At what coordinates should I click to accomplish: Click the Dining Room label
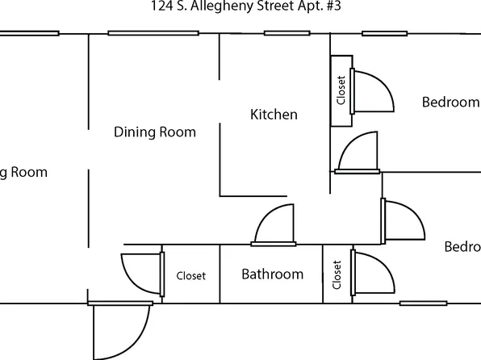[155, 132]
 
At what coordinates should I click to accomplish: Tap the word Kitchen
[274, 115]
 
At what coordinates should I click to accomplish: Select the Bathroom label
[273, 274]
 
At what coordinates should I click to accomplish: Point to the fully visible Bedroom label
[450, 103]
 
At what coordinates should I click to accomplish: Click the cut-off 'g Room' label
[23, 172]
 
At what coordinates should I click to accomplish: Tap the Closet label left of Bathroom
[191, 276]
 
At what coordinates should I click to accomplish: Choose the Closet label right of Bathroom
[337, 275]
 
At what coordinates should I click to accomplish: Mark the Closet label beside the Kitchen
[341, 90]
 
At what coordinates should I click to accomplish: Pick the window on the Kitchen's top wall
[287, 33]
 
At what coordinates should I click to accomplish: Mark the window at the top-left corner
[29, 33]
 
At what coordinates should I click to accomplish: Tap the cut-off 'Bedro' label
[462, 246]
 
